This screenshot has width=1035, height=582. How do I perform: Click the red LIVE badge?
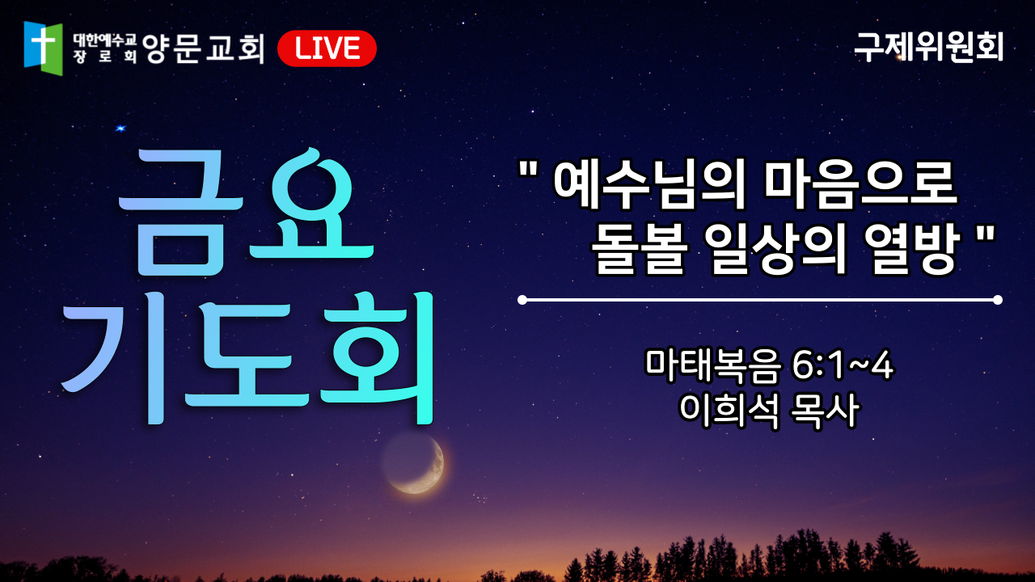pyautogui.click(x=327, y=48)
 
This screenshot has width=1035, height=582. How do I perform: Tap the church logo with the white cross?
pyautogui.click(x=43, y=48)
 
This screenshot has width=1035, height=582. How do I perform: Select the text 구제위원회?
pyautogui.click(x=929, y=47)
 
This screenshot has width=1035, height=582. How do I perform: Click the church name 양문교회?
pyautogui.click(x=203, y=48)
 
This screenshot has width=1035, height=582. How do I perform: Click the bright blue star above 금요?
pyautogui.click(x=120, y=128)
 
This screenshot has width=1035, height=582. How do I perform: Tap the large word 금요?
pyautogui.click(x=246, y=213)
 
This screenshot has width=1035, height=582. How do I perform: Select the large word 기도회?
pyautogui.click(x=247, y=358)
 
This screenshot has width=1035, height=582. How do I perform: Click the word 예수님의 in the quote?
pyautogui.click(x=649, y=183)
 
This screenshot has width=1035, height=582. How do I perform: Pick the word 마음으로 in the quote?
pyautogui.click(x=861, y=183)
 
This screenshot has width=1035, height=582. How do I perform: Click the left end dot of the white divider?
pyautogui.click(x=522, y=300)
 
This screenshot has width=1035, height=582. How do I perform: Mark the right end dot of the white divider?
pyautogui.click(x=998, y=300)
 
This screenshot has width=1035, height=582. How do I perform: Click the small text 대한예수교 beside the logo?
pyautogui.click(x=105, y=40)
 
